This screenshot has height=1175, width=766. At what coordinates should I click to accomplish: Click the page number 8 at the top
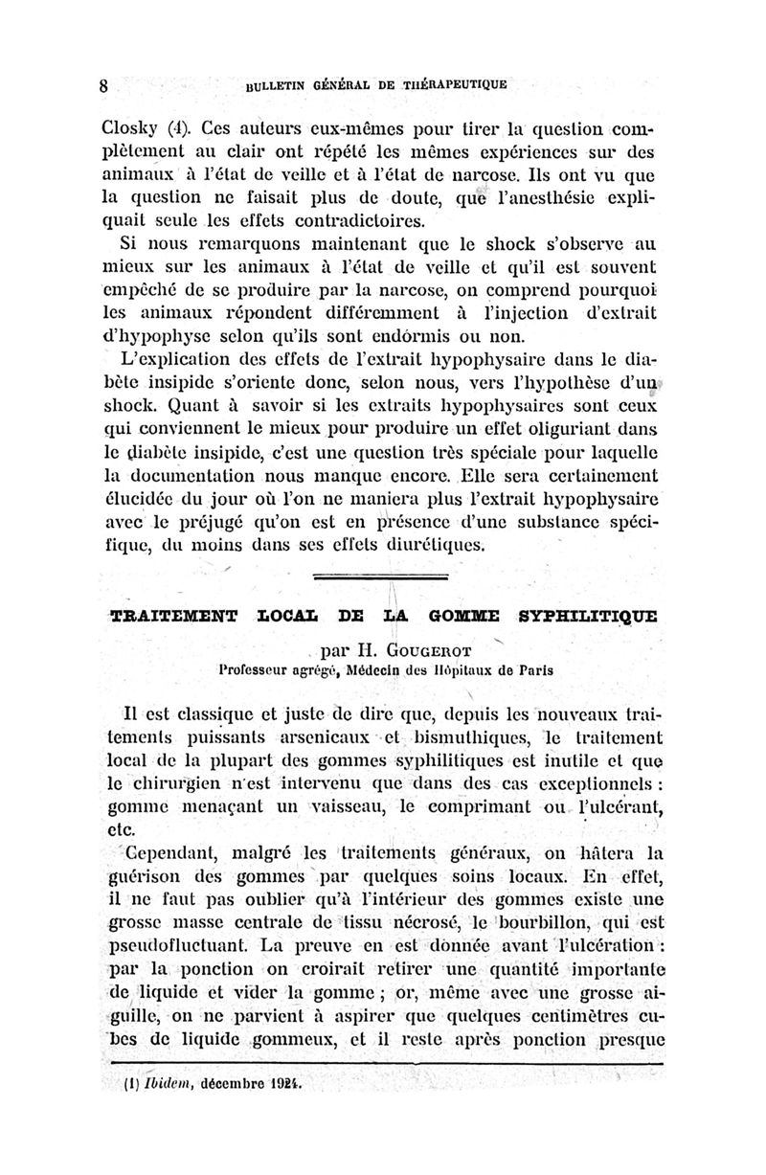pyautogui.click(x=103, y=85)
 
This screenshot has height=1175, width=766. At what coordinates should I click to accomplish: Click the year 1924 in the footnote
pyautogui.click(x=280, y=1089)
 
